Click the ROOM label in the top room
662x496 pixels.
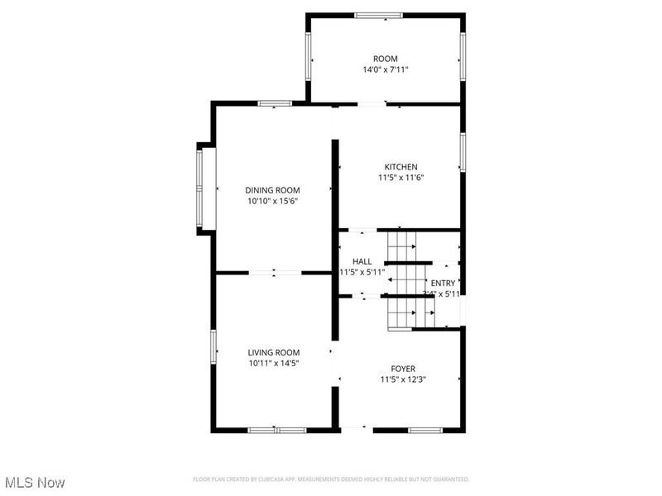click(x=386, y=59)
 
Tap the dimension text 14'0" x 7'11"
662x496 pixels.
click(x=386, y=70)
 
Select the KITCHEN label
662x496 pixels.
click(x=401, y=166)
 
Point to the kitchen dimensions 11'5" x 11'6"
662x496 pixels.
click(x=401, y=178)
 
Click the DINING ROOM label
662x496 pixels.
click(x=271, y=190)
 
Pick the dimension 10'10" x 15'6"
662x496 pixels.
click(x=271, y=202)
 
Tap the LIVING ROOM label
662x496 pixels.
click(x=273, y=352)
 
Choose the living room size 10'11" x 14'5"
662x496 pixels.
click(x=273, y=364)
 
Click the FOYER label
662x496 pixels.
click(x=403, y=368)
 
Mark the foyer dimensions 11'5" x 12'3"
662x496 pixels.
click(x=403, y=379)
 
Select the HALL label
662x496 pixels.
click(x=362, y=261)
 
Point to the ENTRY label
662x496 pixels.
click(x=443, y=283)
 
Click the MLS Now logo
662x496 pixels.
click(x=34, y=481)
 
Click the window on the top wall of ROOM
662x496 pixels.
click(x=379, y=15)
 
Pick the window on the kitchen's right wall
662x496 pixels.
click(x=463, y=155)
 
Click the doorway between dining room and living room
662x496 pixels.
click(x=275, y=271)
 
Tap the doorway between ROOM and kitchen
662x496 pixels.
click(x=372, y=104)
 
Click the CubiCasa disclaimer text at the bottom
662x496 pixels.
click(x=331, y=479)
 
